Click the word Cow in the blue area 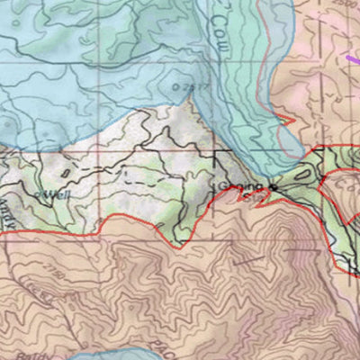219,19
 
